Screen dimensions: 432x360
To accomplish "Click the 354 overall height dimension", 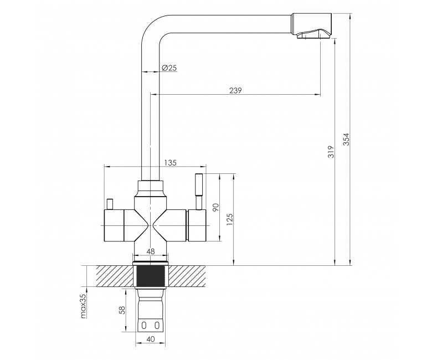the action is point(347,140).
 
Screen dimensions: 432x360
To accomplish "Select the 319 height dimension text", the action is point(331,152).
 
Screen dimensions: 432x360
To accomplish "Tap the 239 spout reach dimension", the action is point(235,90).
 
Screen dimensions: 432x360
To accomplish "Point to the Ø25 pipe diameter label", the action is point(169,68).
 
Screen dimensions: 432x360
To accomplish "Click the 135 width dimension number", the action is point(170,163).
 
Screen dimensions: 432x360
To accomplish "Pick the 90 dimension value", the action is point(215,207).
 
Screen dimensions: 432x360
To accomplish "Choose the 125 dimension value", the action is point(230,219).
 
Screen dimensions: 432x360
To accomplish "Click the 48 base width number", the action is point(151,251).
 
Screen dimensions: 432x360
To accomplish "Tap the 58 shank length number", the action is point(123,310).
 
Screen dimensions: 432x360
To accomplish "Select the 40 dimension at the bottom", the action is point(151,339).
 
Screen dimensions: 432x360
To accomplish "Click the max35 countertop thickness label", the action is point(84,306).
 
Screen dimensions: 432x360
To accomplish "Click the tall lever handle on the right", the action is point(199,192).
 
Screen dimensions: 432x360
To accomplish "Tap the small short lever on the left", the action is point(110,204).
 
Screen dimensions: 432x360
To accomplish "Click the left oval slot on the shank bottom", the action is point(143,326).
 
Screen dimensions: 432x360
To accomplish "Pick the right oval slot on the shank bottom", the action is point(157,326).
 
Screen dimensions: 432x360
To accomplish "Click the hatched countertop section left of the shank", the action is point(116,276).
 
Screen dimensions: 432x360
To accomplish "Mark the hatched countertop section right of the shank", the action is point(187,276).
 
